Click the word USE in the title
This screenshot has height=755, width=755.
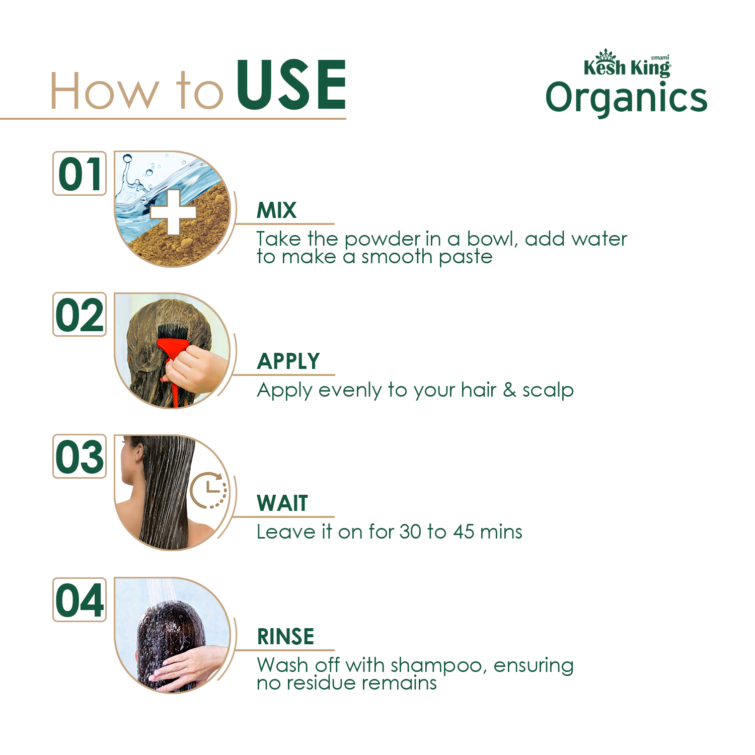[291, 85]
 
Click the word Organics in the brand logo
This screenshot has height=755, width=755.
[627, 99]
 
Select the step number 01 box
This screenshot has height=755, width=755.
[80, 173]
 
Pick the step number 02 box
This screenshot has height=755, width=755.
[80, 314]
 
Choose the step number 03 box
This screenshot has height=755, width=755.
[80, 456]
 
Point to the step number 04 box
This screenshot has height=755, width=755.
[80, 599]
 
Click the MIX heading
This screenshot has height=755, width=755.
[276, 210]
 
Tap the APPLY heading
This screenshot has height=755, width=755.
[288, 361]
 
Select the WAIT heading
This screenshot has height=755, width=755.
[282, 503]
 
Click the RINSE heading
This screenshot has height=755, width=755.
[285, 637]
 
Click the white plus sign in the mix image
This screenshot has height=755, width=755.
[173, 212]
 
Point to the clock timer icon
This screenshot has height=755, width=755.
[208, 490]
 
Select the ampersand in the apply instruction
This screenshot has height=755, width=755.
[509, 390]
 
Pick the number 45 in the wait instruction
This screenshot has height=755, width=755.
[464, 532]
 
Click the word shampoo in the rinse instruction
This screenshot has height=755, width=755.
[437, 665]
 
